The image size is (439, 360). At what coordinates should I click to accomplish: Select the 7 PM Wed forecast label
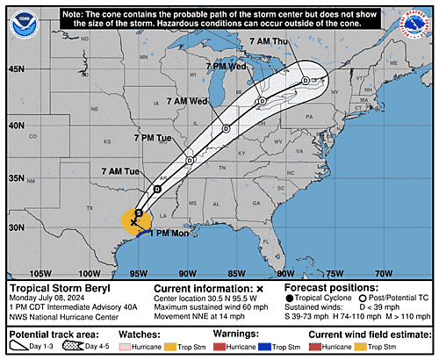(226, 66)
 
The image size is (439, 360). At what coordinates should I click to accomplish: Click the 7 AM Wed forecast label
(186, 101)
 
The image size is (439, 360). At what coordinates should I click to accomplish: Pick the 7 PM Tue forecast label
(153, 138)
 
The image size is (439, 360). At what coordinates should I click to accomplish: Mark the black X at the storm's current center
(134, 223)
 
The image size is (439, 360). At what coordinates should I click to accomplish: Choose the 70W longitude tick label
(384, 273)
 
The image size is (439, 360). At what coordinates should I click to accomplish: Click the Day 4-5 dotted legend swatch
(76, 347)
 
